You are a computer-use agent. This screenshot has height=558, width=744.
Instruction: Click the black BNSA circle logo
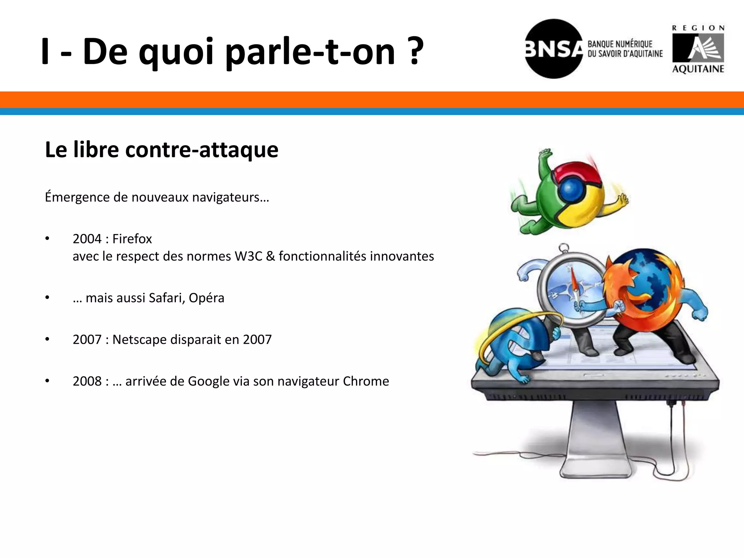coord(553,49)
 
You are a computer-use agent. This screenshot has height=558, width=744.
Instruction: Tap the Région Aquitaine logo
coord(698,49)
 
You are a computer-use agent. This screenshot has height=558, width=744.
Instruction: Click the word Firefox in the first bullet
coord(132,239)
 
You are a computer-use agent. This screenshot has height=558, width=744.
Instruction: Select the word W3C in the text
coord(248,256)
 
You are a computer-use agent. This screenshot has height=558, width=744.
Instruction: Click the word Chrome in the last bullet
coord(366,381)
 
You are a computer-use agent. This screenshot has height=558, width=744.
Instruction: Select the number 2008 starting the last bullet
coord(87,381)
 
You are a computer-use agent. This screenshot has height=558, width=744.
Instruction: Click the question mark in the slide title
coord(415,52)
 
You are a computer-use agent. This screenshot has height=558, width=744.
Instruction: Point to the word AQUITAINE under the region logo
coord(698,69)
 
